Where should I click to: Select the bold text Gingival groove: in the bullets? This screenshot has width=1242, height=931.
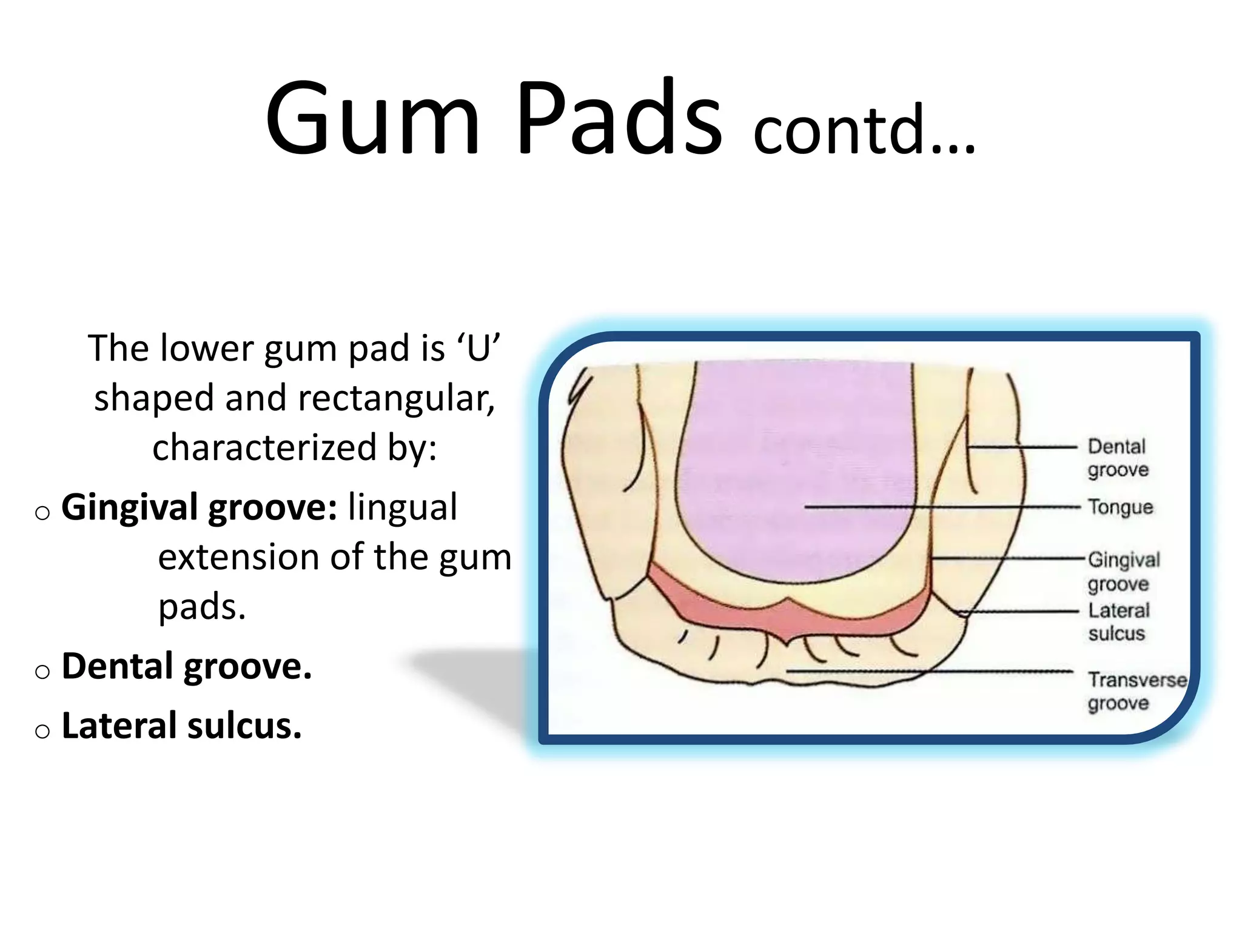pos(199,508)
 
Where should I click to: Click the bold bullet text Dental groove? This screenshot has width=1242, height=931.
pos(187,667)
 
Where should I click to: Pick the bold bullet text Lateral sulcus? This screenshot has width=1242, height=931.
pos(181,726)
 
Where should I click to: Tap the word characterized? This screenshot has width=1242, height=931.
pos(264,447)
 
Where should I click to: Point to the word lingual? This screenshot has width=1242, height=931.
pos(402,508)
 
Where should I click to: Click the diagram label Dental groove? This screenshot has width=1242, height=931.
pos(1117,458)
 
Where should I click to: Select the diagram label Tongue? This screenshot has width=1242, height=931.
pos(1119,507)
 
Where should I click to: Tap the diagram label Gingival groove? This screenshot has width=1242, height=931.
pos(1123,571)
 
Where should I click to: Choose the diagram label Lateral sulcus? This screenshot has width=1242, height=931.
pos(1118,622)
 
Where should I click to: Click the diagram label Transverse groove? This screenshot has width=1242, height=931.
pos(1136,692)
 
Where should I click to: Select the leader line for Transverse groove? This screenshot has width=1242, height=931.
pos(928,672)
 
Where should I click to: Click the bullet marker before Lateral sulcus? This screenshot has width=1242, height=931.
pos(42,732)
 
